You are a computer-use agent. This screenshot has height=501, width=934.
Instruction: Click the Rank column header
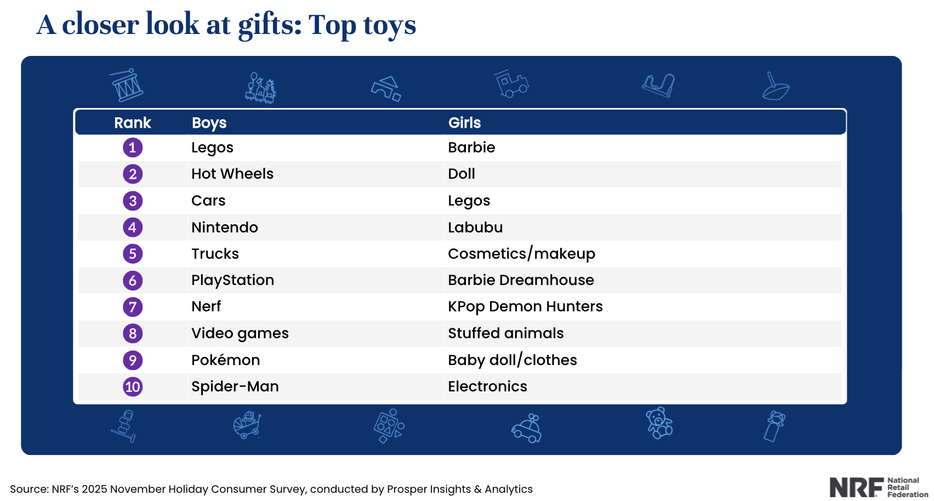(132, 123)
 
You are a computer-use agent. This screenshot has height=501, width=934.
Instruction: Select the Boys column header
(209, 123)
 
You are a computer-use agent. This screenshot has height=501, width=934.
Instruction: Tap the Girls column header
(464, 123)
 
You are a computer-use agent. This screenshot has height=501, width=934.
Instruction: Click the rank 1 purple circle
(133, 147)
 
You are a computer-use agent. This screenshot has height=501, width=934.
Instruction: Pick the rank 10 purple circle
(133, 387)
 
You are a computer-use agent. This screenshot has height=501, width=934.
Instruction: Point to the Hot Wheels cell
(232, 174)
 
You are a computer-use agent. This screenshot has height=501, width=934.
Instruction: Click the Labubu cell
(475, 227)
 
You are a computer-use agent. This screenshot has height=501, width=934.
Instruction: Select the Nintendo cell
(224, 227)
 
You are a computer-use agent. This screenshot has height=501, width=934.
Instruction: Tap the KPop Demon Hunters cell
(525, 306)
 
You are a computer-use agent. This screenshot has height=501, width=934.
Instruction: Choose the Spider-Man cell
(235, 386)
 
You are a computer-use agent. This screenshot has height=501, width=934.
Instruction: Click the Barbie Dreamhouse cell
(520, 280)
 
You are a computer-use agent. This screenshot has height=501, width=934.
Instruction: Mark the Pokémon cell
(225, 360)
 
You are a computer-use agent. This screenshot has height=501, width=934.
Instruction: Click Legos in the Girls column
(469, 201)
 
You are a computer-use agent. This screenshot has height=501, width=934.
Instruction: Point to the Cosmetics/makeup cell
(521, 254)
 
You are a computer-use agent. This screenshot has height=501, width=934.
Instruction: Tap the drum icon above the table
(127, 86)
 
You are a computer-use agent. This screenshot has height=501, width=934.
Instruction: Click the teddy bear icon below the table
(659, 423)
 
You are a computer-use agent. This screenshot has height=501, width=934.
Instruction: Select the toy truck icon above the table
(511, 84)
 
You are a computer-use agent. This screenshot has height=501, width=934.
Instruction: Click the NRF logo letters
(856, 487)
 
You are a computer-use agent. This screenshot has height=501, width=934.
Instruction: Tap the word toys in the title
(389, 25)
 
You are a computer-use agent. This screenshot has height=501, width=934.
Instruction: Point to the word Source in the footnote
(28, 489)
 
